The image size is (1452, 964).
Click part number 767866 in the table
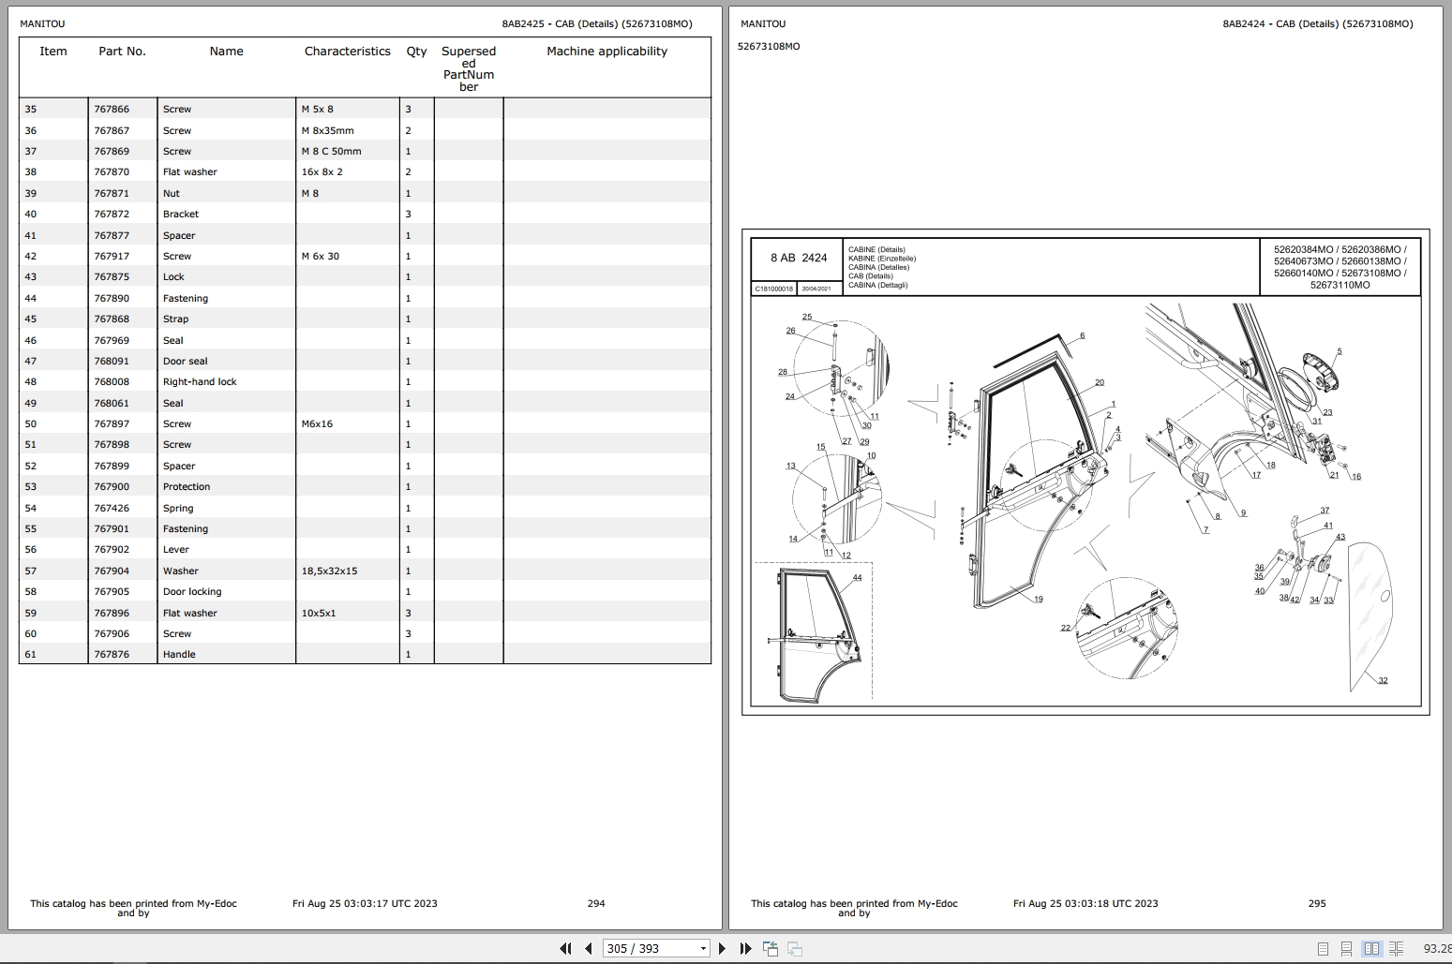(112, 110)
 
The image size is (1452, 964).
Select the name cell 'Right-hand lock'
(200, 382)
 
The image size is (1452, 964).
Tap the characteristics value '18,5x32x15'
(329, 571)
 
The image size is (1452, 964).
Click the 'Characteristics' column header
(347, 52)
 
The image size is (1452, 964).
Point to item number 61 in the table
(31, 655)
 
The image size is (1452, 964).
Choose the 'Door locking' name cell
(192, 592)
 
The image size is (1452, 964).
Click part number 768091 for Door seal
(112, 362)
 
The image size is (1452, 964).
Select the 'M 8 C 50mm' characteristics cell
(331, 152)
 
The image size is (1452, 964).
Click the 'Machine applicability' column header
(606, 52)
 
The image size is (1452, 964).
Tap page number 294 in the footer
(596, 904)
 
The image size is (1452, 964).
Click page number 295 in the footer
(1317, 904)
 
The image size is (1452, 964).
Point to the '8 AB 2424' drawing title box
(799, 258)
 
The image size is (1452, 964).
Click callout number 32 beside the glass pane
(1383, 681)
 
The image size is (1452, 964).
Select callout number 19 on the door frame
(1039, 600)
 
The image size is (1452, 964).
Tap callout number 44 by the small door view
(857, 578)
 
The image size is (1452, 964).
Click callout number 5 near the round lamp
(1339, 352)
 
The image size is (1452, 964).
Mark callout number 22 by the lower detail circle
(1066, 629)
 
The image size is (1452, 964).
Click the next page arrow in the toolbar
(722, 949)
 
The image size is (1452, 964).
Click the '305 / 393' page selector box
(655, 949)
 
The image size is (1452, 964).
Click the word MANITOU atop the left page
(42, 24)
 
